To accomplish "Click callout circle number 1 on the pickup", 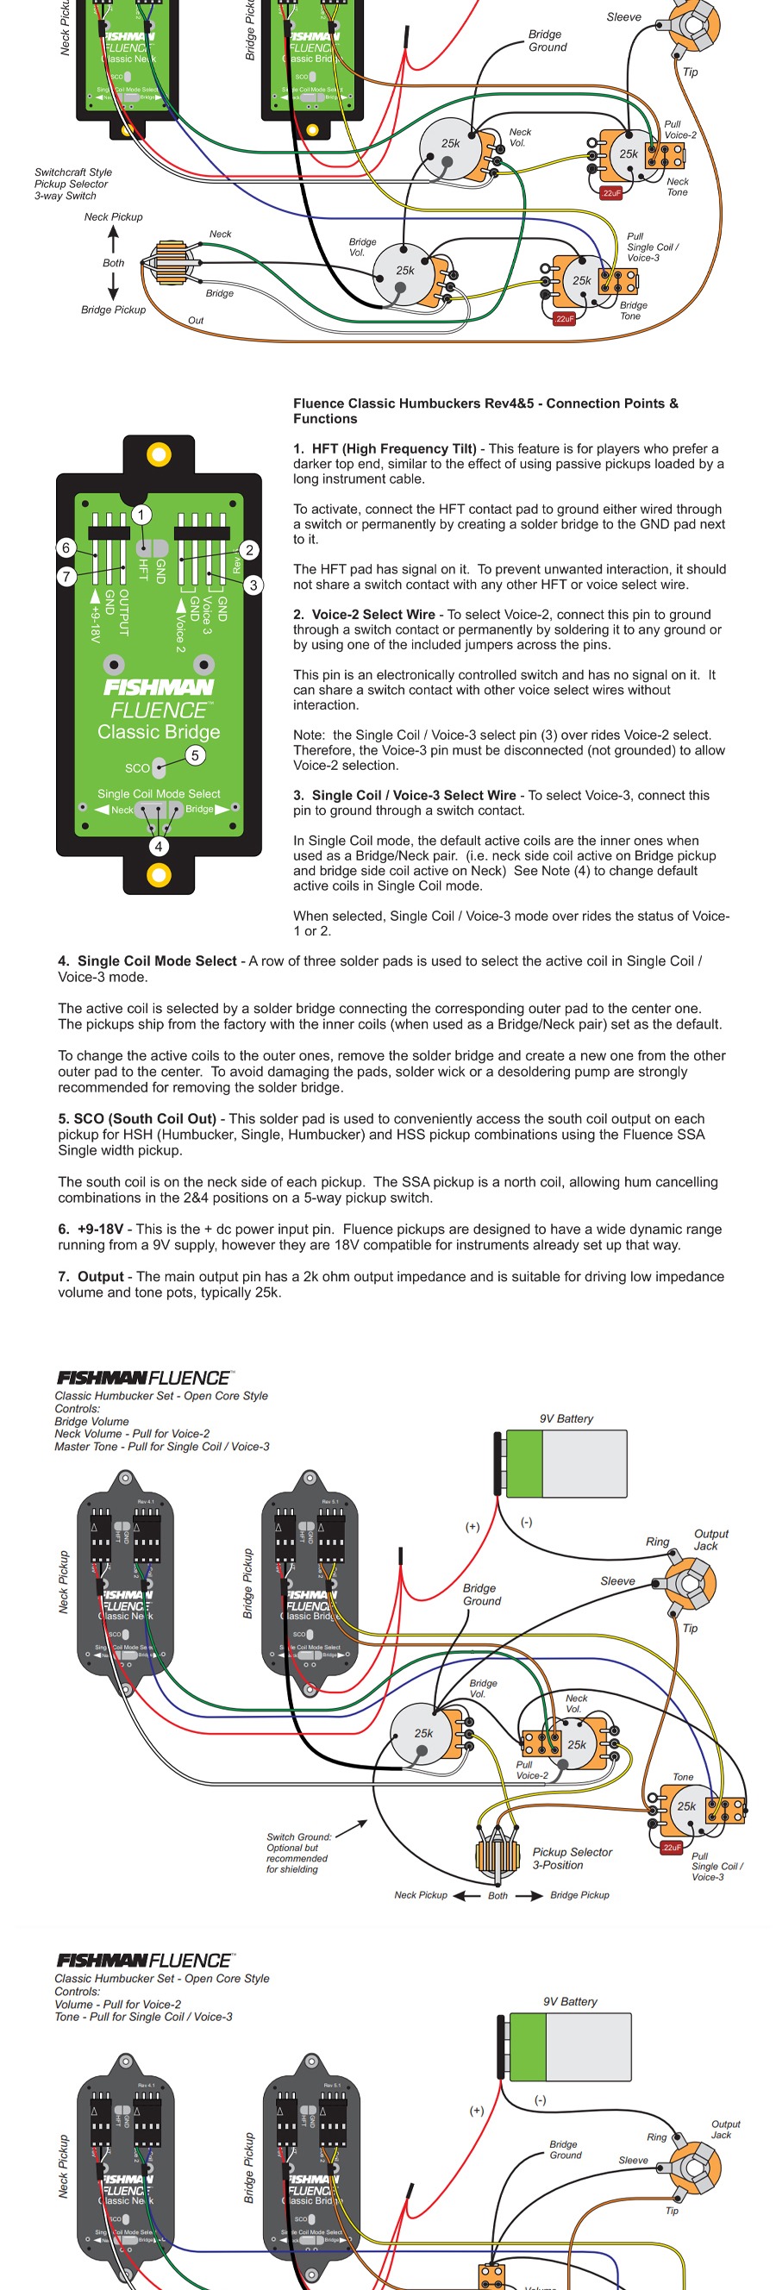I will click(141, 515).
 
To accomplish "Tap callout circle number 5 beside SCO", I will click(195, 755).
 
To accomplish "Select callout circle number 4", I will click(159, 847).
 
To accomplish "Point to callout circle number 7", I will click(66, 577).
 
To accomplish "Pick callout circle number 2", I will click(250, 550).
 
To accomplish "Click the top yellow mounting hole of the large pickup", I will click(160, 455).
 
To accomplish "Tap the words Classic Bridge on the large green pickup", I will click(160, 732).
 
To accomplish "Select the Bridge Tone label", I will click(633, 310).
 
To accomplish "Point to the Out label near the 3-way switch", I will click(196, 320).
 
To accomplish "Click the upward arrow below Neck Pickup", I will click(113, 239).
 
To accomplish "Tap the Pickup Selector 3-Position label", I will click(572, 1858).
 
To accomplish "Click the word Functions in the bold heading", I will click(325, 419).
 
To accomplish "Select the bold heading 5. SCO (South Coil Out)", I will click(137, 1118).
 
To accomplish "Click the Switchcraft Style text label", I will click(73, 172).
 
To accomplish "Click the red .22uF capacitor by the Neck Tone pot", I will click(611, 193).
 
